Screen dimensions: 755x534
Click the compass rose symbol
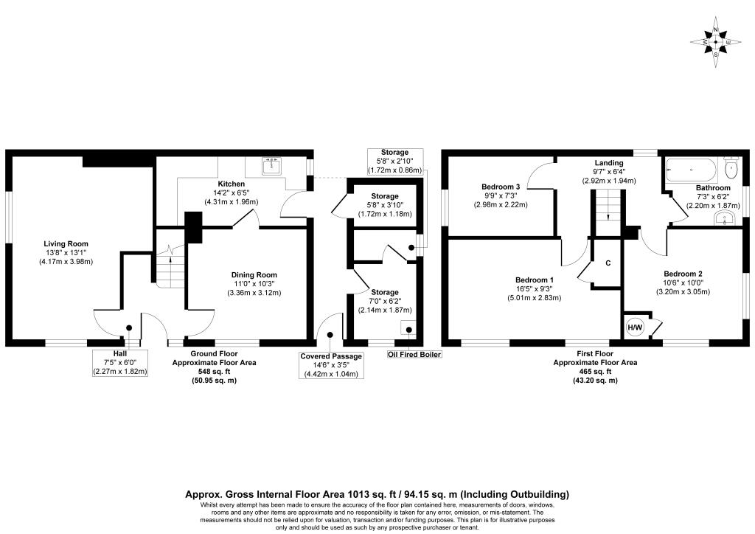click(715, 42)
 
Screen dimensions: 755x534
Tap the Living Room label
click(66, 244)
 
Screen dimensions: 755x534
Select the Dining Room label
click(254, 275)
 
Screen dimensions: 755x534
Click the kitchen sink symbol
click(272, 166)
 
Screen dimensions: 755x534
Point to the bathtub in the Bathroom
click(692, 170)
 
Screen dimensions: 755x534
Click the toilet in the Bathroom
click(731, 167)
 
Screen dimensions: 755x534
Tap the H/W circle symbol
click(635, 328)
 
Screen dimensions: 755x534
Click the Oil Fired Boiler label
click(414, 354)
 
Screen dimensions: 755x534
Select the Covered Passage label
click(331, 356)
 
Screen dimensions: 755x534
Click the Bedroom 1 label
click(534, 280)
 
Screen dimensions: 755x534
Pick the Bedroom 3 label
click(501, 187)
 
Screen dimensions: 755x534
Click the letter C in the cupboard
click(608, 263)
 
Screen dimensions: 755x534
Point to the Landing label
click(608, 163)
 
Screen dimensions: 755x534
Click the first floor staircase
click(608, 212)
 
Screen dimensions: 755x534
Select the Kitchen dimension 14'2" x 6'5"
click(231, 193)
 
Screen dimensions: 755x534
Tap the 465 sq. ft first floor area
click(595, 371)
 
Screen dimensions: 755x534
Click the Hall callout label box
click(120, 363)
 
